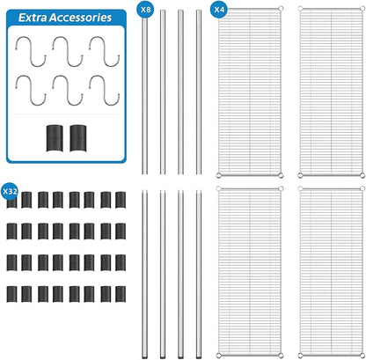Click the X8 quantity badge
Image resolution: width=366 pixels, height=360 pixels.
[145, 10]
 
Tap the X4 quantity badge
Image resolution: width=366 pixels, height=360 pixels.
[219, 10]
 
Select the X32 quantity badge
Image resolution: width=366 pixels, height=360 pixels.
[10, 192]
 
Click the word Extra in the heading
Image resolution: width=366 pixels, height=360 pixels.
[33, 18]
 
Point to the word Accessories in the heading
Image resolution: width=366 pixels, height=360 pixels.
[80, 18]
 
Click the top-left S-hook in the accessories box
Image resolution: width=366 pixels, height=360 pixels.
[31, 51]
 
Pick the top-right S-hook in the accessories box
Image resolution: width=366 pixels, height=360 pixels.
[105, 51]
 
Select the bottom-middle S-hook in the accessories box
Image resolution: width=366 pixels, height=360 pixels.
[68, 91]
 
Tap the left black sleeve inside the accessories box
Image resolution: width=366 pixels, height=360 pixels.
[55, 138]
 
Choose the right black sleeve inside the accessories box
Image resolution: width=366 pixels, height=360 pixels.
[78, 138]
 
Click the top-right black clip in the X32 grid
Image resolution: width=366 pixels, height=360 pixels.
[121, 200]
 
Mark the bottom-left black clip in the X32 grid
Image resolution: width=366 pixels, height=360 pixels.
[11, 294]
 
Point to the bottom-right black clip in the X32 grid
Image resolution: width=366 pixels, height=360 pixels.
[121, 294]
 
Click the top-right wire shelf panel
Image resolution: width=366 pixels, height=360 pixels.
[331, 92]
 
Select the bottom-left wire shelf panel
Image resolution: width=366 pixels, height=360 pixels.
[250, 272]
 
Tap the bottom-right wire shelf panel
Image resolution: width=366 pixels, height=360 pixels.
[331, 272]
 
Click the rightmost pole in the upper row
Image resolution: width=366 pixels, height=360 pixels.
[199, 92]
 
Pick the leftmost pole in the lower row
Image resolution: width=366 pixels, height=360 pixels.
[145, 275]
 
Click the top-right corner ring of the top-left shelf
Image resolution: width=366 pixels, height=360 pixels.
[281, 9]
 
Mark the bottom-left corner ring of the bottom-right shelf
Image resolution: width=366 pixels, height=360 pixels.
[300, 356]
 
